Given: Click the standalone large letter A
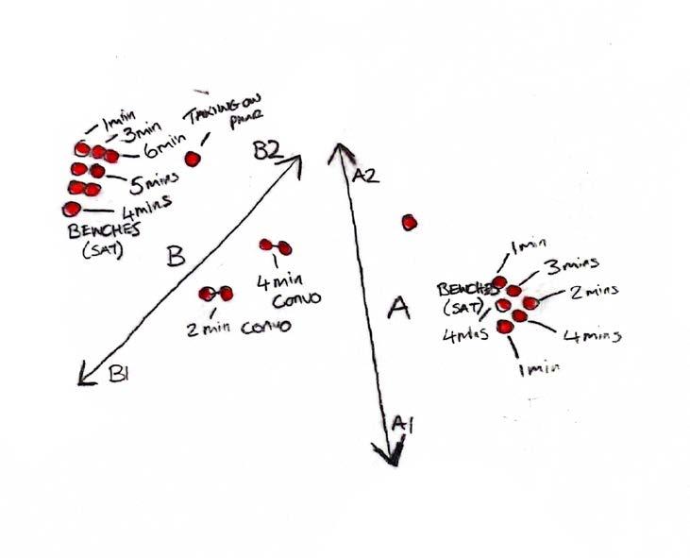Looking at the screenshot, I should [x=399, y=308].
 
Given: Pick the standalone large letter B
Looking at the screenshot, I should [x=175, y=255].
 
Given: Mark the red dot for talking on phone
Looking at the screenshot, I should [x=194, y=159].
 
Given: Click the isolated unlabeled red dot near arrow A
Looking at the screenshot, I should [x=409, y=223].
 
